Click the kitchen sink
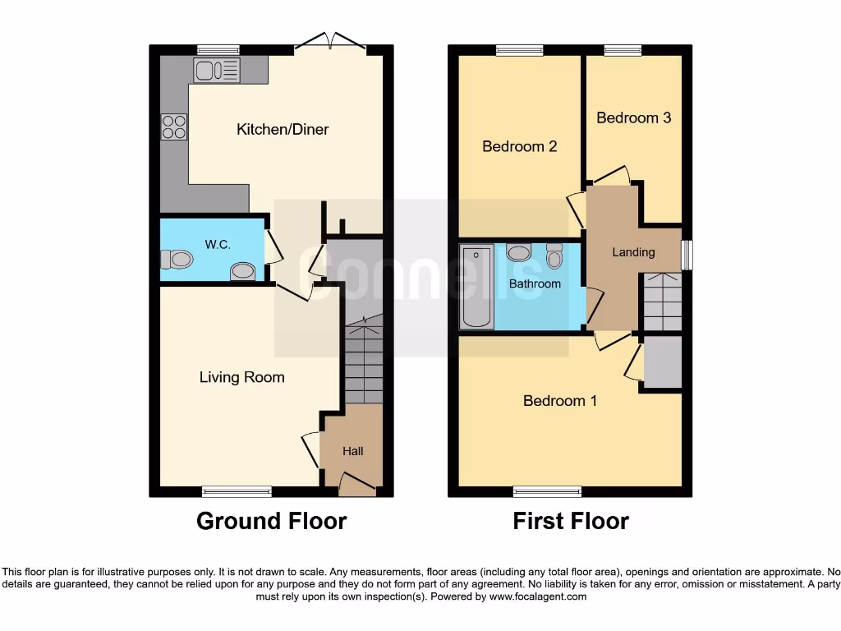pos(216,71)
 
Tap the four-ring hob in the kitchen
pos(174,126)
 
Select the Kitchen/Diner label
pos(283,129)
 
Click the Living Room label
pos(241,377)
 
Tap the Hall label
pos(352,451)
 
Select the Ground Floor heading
pos(271,521)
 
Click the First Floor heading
pos(571,521)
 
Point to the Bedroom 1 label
pos(559,401)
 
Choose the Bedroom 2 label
pos(519,146)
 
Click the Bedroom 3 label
pos(633,117)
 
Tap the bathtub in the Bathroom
pos(476,286)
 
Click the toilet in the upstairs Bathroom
pos(554,257)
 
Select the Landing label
pos(633,252)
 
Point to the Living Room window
pos(237,492)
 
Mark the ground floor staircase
pos(362,362)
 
